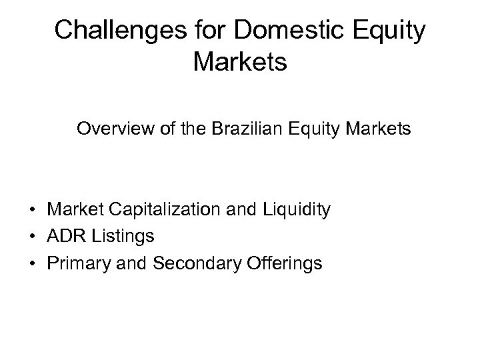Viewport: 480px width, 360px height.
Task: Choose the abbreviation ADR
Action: click(63, 237)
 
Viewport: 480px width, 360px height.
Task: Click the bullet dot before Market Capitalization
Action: click(32, 211)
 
